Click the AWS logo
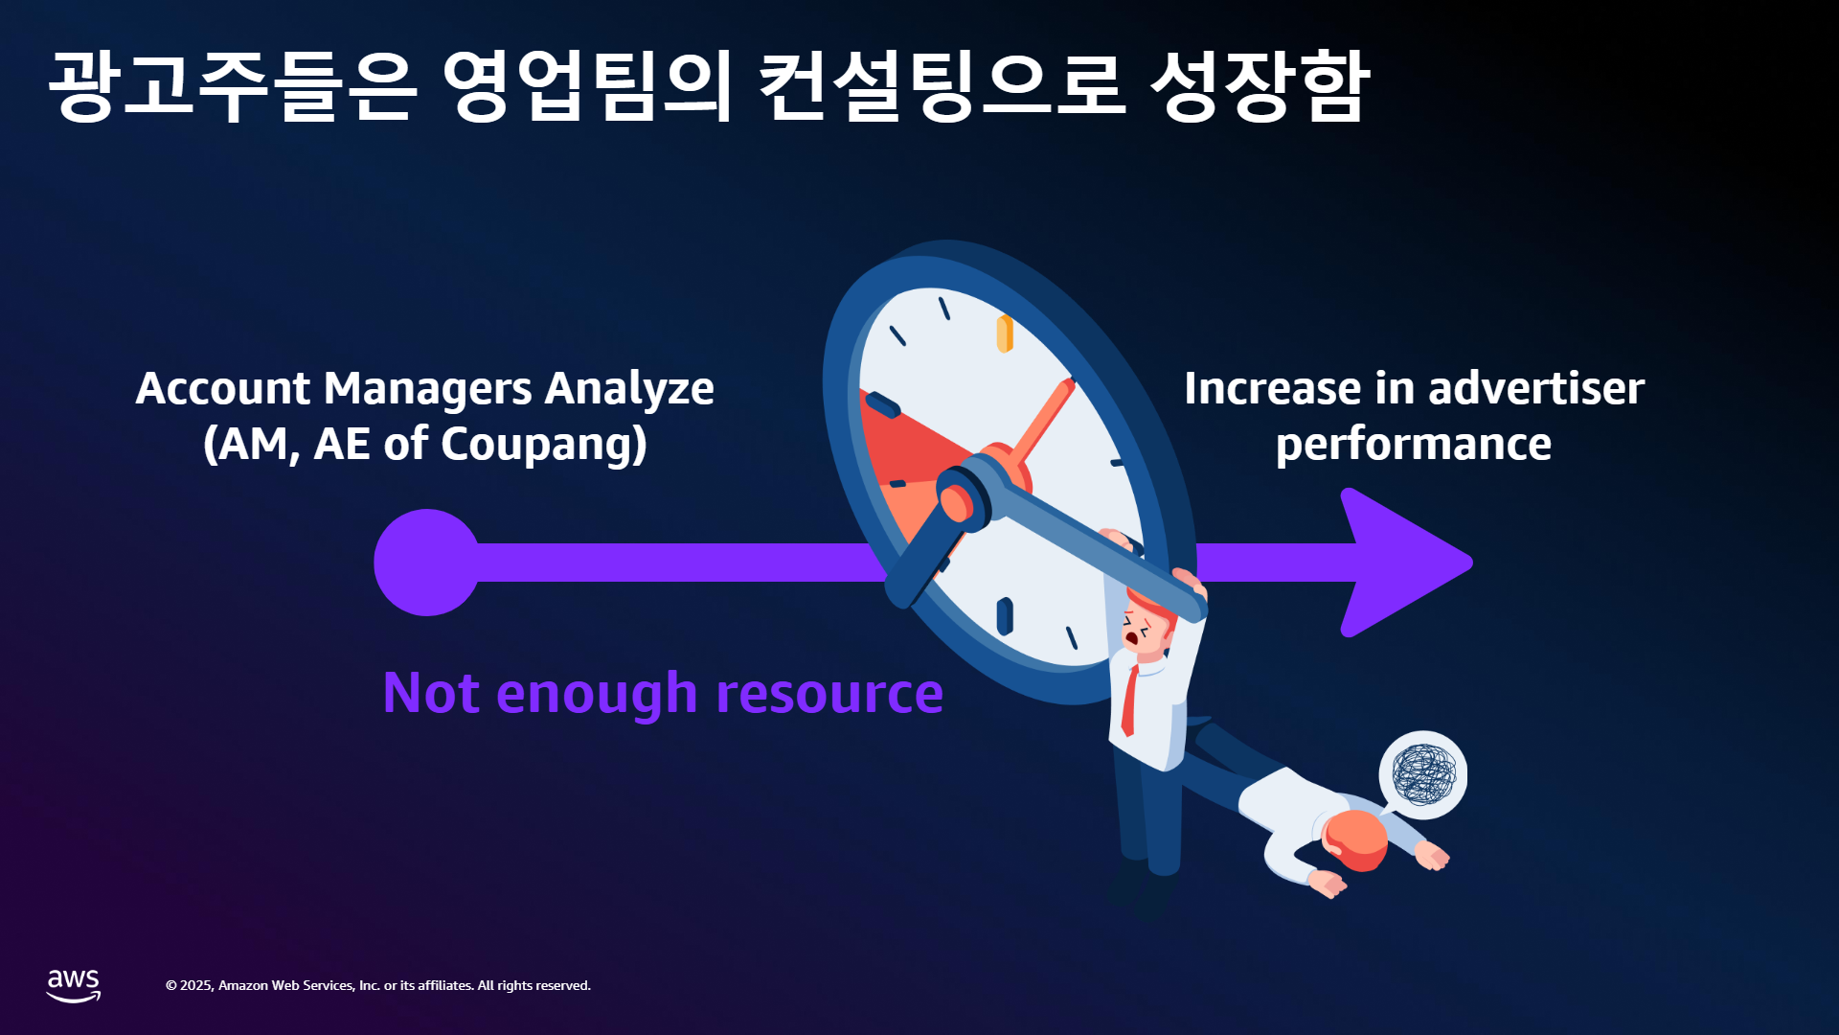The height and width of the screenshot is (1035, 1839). point(74,985)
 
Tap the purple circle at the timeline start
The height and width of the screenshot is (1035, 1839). point(427,563)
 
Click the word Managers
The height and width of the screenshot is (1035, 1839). point(428,389)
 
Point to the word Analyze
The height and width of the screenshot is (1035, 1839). point(629,389)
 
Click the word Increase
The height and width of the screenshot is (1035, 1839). point(1272,388)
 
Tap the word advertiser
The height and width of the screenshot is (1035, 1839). point(1536,388)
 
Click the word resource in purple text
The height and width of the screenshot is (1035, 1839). point(829,694)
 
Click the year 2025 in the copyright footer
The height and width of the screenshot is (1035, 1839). point(196,986)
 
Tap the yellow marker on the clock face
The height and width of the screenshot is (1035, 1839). point(1005,333)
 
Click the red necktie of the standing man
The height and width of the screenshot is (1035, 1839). point(1130,701)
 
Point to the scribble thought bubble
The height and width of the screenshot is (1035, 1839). point(1423,774)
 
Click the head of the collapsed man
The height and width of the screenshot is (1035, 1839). point(1355,840)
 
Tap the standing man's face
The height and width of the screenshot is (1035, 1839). point(1141,631)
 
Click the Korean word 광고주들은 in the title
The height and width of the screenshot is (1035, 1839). point(233,86)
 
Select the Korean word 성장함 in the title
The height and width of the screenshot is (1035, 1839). point(1260,86)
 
